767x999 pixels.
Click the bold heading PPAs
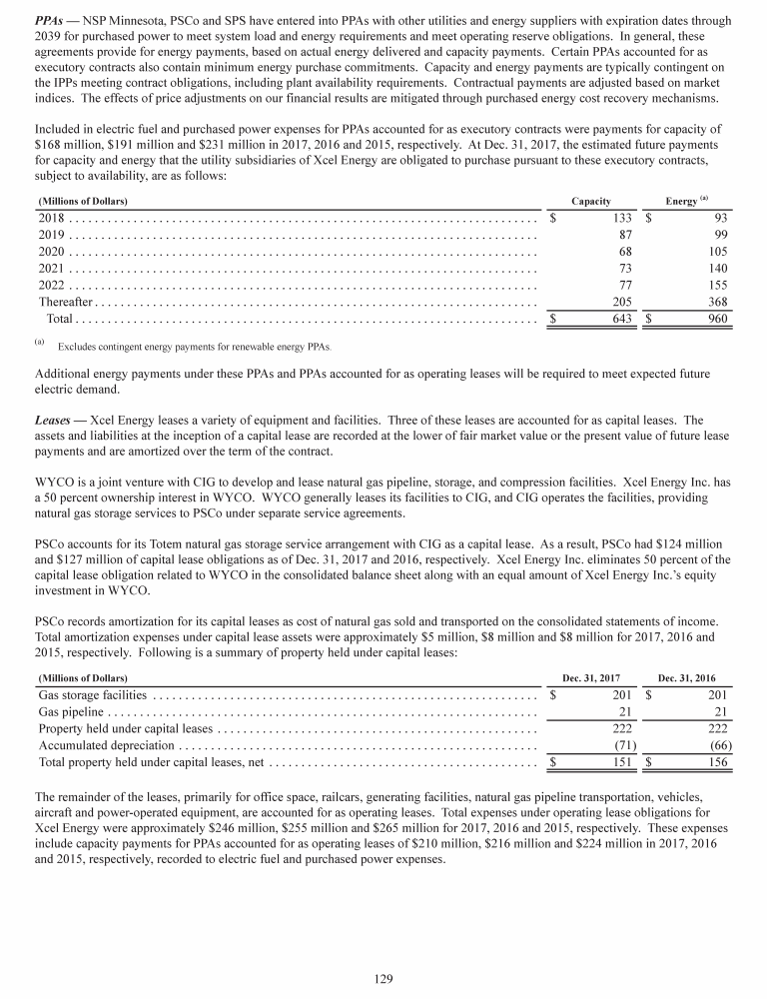[49, 20]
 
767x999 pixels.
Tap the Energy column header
[682, 202]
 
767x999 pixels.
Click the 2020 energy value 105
[715, 253]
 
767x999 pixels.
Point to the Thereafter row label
[65, 303]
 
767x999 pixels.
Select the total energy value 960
[716, 320]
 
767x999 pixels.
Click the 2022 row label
[53, 286]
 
